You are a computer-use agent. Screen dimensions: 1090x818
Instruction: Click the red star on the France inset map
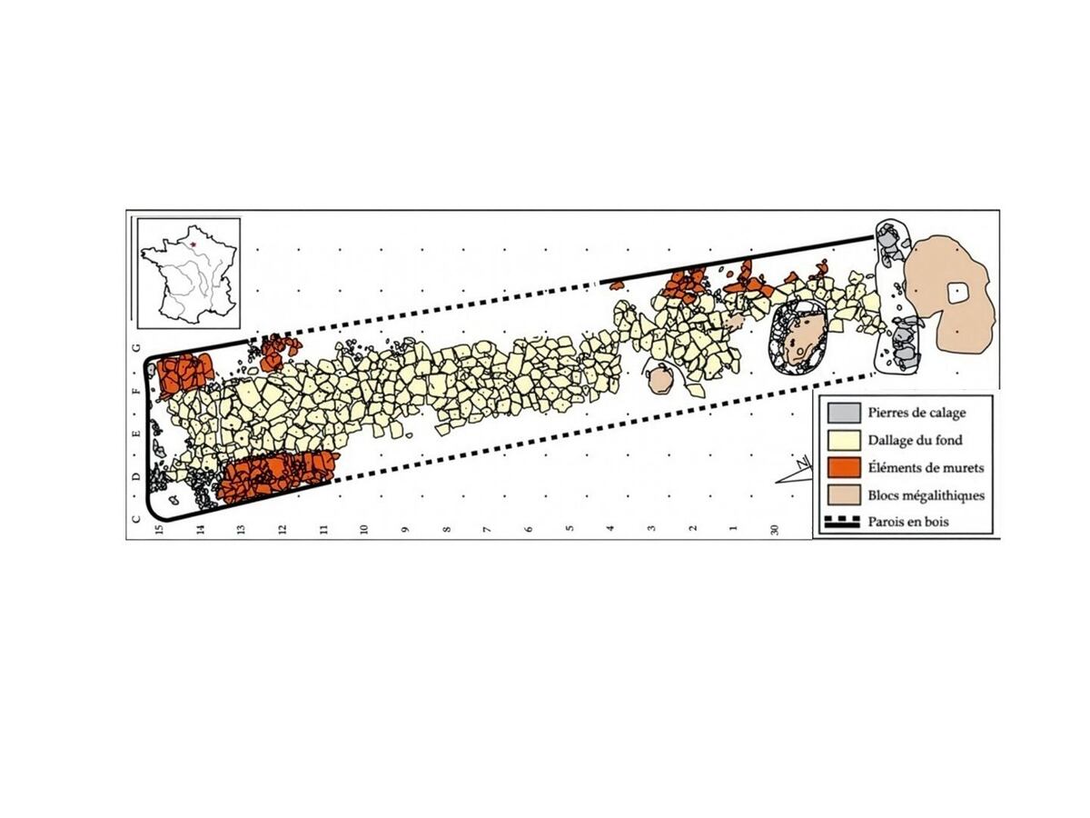tap(193, 244)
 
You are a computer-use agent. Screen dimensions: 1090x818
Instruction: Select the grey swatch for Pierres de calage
tap(844, 413)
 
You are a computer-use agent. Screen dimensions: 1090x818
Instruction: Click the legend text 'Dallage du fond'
tap(915, 440)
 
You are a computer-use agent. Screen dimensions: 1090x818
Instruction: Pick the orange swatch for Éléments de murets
tap(844, 468)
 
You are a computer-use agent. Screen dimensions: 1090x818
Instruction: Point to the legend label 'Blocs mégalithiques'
tap(926, 495)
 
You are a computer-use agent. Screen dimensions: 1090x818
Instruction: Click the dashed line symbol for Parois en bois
tap(842, 522)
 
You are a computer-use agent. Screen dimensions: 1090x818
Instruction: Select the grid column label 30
tap(774, 530)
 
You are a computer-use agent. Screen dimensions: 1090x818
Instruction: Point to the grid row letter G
tap(136, 347)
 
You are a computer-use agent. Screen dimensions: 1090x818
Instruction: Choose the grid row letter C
tap(136, 519)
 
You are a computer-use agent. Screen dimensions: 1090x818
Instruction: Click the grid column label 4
tap(610, 528)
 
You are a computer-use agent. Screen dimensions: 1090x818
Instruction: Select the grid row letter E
tap(136, 434)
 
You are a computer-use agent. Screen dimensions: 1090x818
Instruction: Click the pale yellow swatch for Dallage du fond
tap(844, 441)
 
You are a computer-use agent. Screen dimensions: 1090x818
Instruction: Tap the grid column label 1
tap(733, 528)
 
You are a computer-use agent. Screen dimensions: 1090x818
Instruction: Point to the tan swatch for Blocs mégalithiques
tap(844, 495)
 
